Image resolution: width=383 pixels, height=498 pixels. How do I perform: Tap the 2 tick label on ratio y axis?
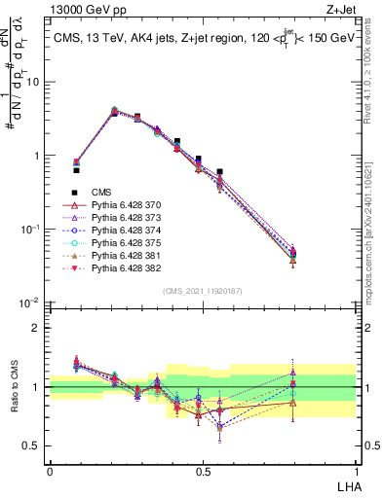pos(39,328)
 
